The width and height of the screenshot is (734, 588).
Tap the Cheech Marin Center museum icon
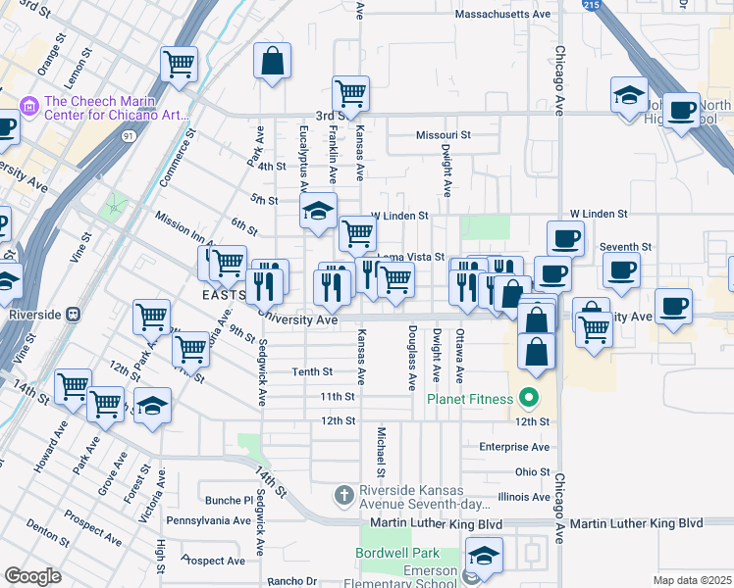pyautogui.click(x=28, y=104)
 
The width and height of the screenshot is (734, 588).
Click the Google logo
pyautogui.click(x=32, y=576)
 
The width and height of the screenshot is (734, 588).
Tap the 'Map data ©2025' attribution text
pyautogui.click(x=692, y=580)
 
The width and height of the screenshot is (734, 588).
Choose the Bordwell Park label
pyautogui.click(x=397, y=554)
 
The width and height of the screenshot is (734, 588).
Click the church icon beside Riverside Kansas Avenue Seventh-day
pyautogui.click(x=343, y=495)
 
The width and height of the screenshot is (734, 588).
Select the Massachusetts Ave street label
pyautogui.click(x=503, y=15)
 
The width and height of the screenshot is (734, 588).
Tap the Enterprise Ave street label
pyautogui.click(x=514, y=446)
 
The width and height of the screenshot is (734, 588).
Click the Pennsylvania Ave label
pyautogui.click(x=209, y=520)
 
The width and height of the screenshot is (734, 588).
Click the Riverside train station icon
pyautogui.click(x=73, y=315)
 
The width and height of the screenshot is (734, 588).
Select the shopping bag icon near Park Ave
pyautogui.click(x=272, y=61)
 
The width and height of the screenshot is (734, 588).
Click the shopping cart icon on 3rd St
pyautogui.click(x=350, y=94)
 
